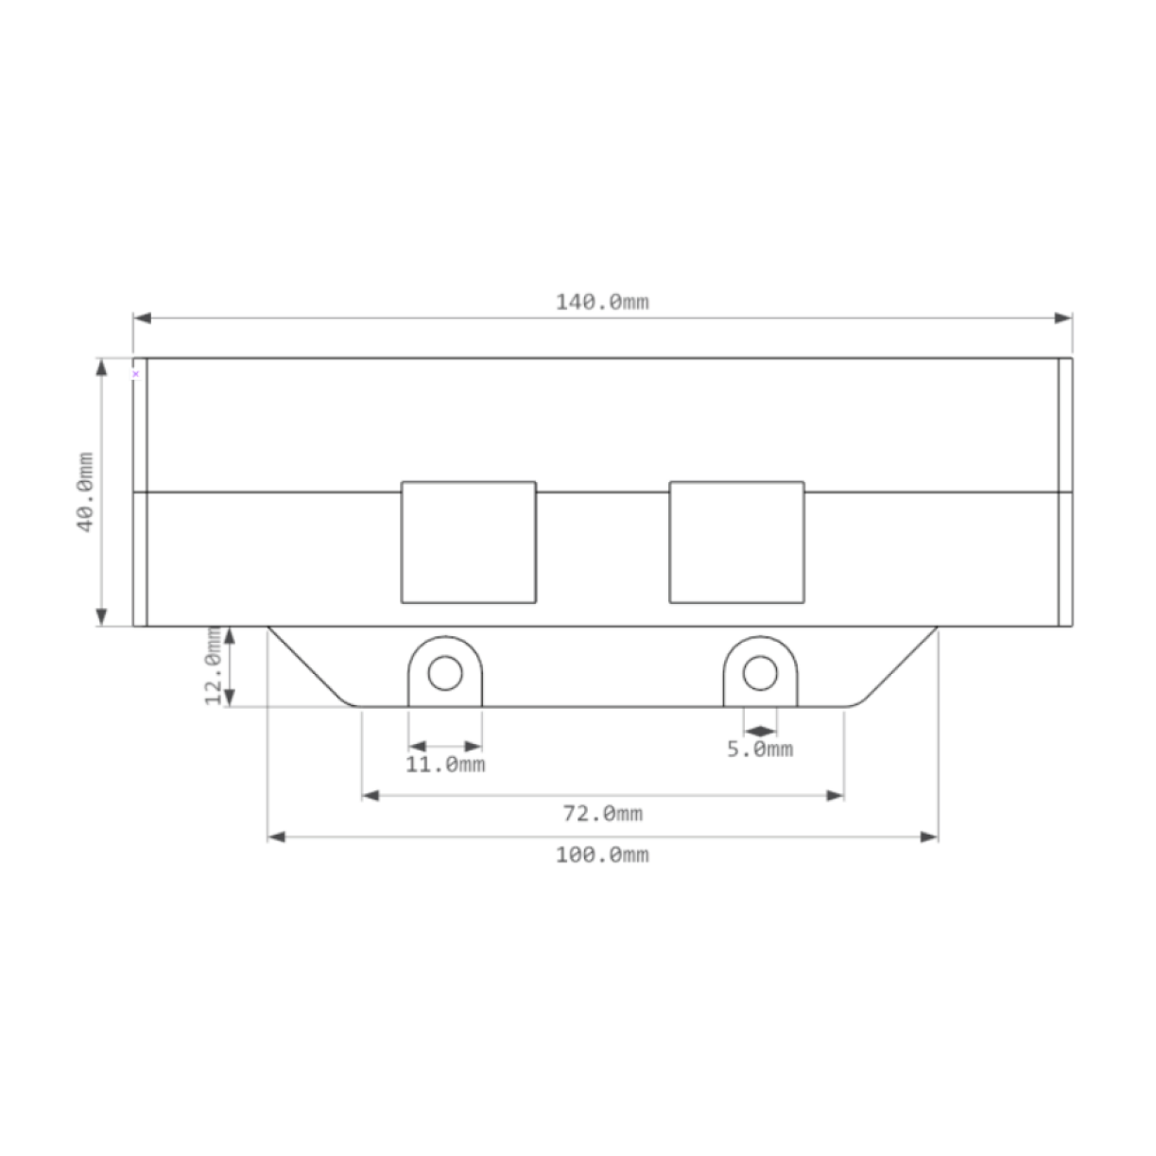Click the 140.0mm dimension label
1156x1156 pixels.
(x=602, y=302)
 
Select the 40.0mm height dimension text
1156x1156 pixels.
(x=86, y=492)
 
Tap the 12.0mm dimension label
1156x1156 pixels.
(x=215, y=665)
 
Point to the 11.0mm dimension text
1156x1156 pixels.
(x=445, y=764)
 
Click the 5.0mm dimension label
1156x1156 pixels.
(x=760, y=750)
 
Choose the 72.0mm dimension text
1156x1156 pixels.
(x=602, y=813)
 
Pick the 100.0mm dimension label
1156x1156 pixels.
(x=602, y=854)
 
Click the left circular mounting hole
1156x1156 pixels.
(x=445, y=674)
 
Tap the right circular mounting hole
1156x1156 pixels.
(x=760, y=674)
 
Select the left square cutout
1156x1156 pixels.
(x=469, y=543)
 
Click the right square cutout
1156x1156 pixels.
(x=736, y=543)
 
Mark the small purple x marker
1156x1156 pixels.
(x=135, y=373)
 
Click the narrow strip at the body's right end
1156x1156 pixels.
(x=1065, y=492)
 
